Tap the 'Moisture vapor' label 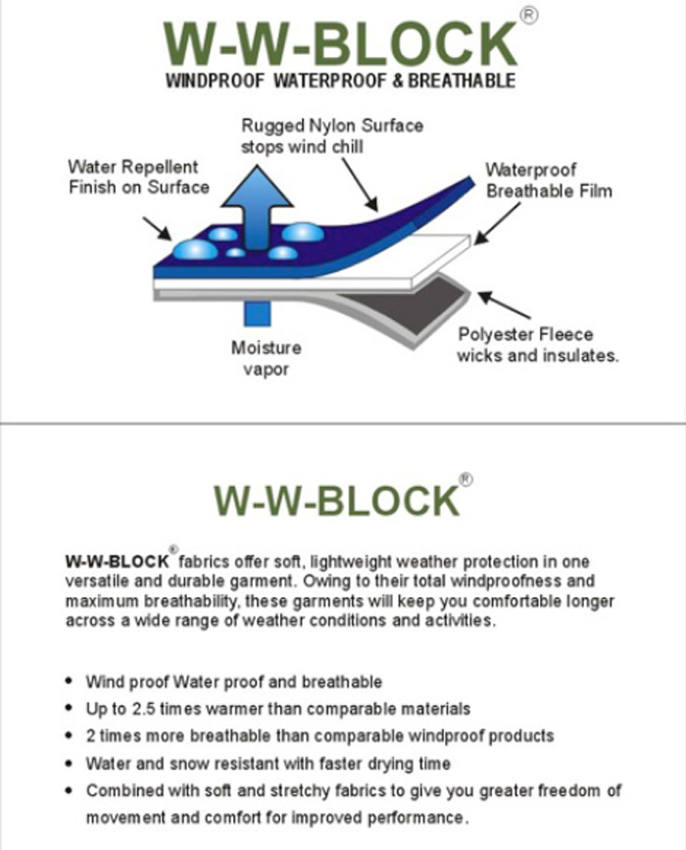coord(266,358)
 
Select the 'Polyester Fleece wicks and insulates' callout coord(537,345)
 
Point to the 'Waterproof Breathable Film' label coord(549,180)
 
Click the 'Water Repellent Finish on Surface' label coord(139,176)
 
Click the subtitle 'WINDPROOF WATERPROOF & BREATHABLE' coord(340,80)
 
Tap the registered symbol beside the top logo coord(529,16)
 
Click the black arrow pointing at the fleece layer coord(504,305)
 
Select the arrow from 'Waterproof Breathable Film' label coord(497,224)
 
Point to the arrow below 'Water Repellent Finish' coord(157,228)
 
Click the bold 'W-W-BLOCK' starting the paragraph coord(117,561)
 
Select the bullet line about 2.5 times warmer coord(278,709)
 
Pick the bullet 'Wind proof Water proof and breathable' coord(234,682)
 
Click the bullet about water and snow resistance coord(269,764)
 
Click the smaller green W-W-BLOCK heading coord(337,500)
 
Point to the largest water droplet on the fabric coord(195,250)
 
